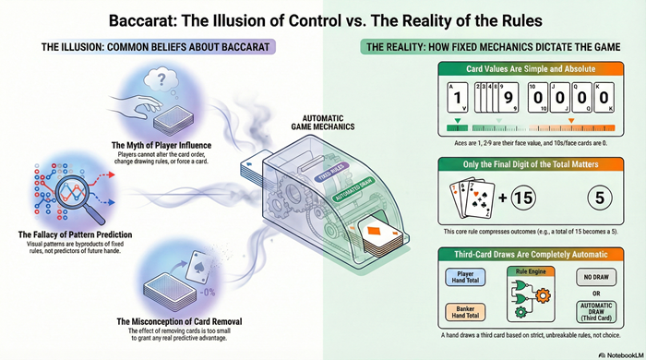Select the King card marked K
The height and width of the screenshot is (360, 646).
point(606,97)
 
